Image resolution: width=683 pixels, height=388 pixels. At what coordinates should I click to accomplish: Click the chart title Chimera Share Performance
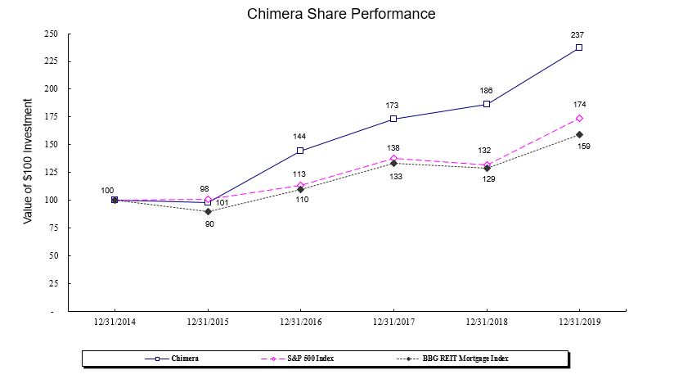tap(341, 14)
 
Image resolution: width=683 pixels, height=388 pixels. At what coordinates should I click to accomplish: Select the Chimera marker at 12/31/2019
tap(579, 47)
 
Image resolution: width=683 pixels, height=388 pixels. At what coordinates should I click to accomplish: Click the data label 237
tap(578, 35)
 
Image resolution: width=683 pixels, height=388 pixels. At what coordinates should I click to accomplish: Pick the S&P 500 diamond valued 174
tap(579, 118)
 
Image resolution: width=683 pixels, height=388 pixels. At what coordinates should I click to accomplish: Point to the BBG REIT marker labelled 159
tap(579, 134)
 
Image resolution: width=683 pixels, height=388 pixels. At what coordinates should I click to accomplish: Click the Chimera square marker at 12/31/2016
tap(300, 151)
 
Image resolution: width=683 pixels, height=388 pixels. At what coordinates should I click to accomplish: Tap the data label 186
tap(486, 90)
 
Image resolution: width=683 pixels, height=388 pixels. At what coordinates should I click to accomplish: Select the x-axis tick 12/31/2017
tap(393, 323)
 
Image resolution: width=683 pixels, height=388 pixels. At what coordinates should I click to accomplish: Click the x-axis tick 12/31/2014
tap(115, 323)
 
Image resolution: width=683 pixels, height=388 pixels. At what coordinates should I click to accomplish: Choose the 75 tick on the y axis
tap(53, 228)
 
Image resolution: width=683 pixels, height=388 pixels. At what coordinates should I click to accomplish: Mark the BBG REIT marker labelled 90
tap(208, 211)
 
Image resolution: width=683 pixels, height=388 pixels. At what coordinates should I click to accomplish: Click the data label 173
tap(393, 106)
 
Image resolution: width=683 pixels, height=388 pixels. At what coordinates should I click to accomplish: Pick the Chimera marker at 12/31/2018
tap(487, 104)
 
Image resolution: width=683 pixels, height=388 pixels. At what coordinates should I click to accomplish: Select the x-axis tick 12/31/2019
tap(579, 323)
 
